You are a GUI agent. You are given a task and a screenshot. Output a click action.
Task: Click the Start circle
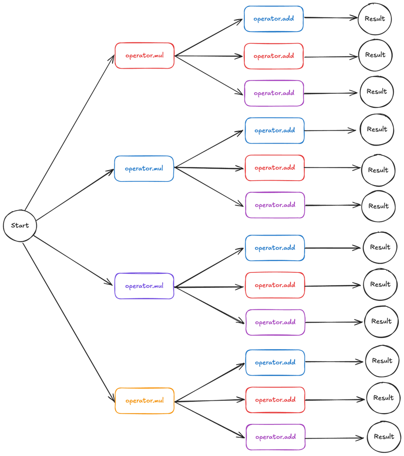click(x=20, y=226)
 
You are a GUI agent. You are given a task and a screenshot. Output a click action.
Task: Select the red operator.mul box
click(x=144, y=56)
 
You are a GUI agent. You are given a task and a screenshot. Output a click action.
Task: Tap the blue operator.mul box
click(x=144, y=169)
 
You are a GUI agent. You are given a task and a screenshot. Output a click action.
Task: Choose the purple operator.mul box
click(x=144, y=286)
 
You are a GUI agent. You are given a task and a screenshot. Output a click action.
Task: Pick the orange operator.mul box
click(x=144, y=401)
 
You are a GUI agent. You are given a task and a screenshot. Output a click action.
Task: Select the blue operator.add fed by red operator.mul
click(x=274, y=19)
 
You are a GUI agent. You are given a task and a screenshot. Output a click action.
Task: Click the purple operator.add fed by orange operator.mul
click(x=275, y=437)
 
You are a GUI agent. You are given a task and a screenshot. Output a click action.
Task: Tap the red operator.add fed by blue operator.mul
click(x=275, y=168)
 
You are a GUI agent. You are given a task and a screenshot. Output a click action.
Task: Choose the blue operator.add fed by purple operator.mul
click(x=275, y=248)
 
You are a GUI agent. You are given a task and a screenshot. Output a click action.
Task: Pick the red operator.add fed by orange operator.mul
click(x=275, y=400)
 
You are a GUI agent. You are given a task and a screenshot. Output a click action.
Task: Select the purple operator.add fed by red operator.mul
click(x=274, y=93)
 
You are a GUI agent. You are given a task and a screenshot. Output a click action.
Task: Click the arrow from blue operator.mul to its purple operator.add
click(x=209, y=187)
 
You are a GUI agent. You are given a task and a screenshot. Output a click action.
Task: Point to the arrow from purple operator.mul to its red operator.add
click(x=209, y=287)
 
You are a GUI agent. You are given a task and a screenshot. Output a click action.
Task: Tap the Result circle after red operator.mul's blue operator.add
click(x=375, y=19)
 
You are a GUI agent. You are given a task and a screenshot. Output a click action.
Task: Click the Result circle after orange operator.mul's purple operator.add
click(x=384, y=437)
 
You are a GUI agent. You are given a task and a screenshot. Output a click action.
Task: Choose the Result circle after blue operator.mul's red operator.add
click(x=378, y=170)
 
